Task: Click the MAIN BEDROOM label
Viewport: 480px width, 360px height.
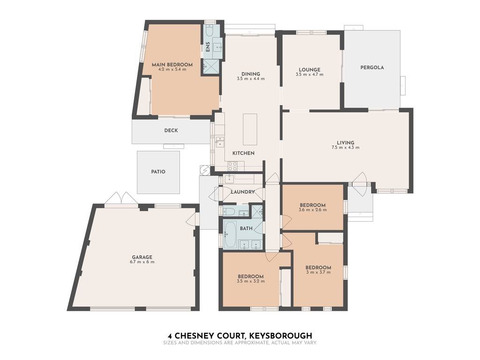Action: [172, 65]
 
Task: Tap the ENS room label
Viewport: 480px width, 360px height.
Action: [208, 46]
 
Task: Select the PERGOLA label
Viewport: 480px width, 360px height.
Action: [372, 67]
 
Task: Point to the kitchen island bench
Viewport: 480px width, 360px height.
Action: [250, 129]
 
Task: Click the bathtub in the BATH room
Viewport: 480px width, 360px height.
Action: [230, 234]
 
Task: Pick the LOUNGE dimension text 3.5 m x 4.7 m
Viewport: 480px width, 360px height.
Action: [309, 75]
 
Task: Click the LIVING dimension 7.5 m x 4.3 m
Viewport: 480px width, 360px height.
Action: [345, 147]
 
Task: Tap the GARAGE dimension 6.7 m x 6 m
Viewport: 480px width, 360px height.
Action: [142, 262]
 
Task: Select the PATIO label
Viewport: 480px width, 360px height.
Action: [158, 172]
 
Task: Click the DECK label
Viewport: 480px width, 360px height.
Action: [171, 130]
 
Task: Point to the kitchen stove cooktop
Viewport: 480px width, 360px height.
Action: [232, 166]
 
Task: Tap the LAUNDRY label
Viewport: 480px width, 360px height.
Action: [243, 192]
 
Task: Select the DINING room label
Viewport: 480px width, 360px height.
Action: [251, 74]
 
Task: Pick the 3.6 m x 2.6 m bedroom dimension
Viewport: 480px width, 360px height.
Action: [313, 210]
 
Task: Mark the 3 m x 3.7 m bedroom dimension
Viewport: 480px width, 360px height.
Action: [318, 272]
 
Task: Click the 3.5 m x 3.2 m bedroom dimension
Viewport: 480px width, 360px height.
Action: [251, 281]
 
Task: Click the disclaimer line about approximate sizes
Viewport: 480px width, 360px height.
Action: [240, 343]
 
